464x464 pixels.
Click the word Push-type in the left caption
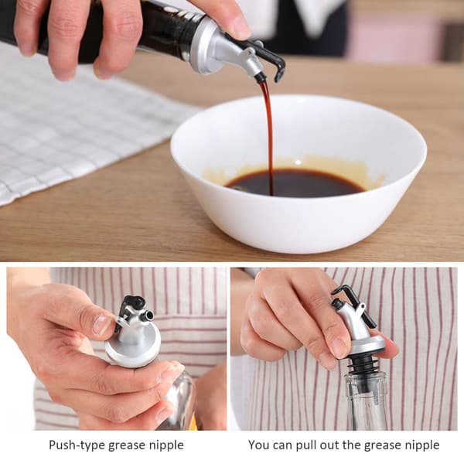pyautogui.click(x=77, y=445)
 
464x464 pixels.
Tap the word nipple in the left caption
pyautogui.click(x=165, y=445)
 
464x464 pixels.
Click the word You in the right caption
pyautogui.click(x=260, y=445)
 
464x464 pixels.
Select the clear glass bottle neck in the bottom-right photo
pyautogui.click(x=367, y=401)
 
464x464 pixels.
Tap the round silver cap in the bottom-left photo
pyautogui.click(x=132, y=346)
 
